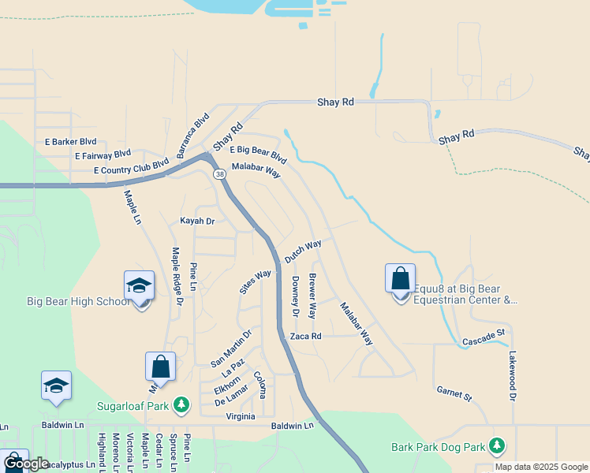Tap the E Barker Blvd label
click(70, 142)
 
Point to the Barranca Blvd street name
click(193, 136)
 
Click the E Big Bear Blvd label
click(258, 153)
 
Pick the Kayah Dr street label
click(197, 222)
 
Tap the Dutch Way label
click(303, 252)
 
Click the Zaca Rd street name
click(306, 336)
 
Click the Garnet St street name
click(454, 393)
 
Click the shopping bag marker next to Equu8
click(400, 279)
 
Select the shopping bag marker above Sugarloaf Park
click(160, 367)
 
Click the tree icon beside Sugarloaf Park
click(181, 404)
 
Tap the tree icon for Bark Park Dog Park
click(496, 446)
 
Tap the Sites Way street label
click(256, 281)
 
